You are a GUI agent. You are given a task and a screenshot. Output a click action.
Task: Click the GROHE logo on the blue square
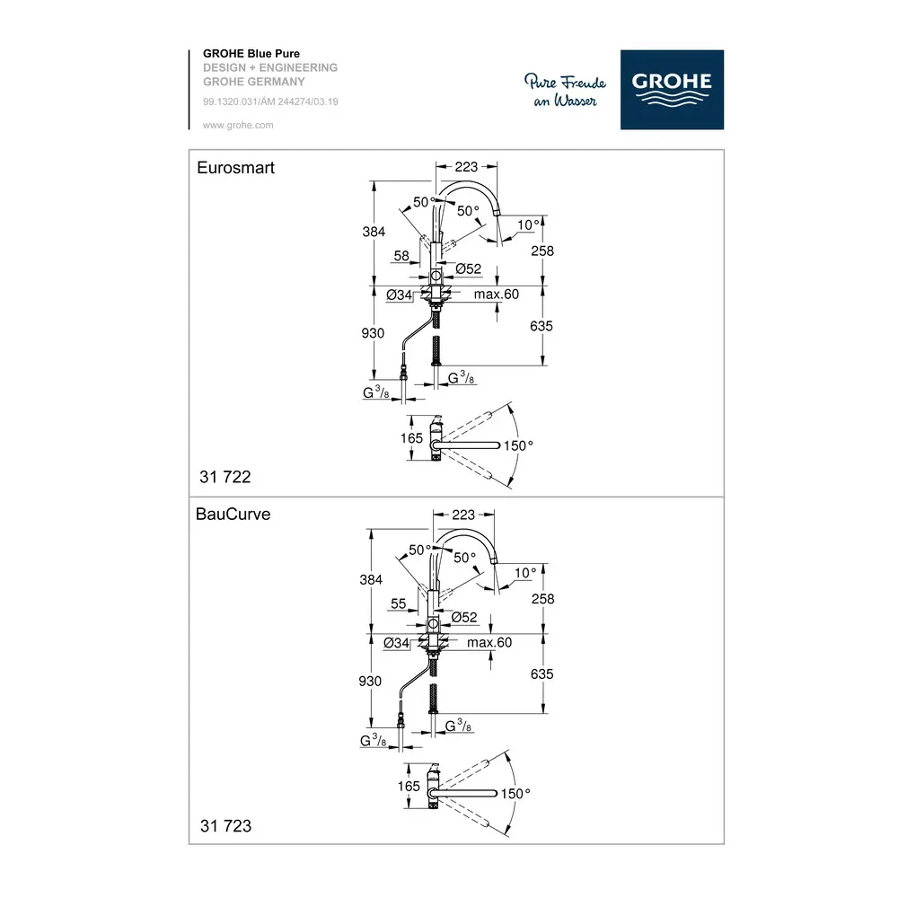[x=672, y=89]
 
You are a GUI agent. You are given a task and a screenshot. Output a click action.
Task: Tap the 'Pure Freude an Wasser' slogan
[x=565, y=91]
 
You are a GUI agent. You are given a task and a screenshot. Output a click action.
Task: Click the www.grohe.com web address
[x=238, y=125]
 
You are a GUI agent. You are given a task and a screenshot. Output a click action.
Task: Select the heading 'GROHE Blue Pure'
[x=251, y=53]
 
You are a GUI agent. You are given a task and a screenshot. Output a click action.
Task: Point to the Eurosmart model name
[x=235, y=167]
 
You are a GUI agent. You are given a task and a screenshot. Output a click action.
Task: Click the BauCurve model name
[x=233, y=514]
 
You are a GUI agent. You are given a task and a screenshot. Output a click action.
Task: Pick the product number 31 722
[x=225, y=477]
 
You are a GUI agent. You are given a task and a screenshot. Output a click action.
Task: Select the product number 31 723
[x=225, y=826]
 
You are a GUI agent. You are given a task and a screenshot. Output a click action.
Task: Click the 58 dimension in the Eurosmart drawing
[x=401, y=255]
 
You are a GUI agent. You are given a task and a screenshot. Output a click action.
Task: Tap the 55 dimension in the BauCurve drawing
[x=399, y=603]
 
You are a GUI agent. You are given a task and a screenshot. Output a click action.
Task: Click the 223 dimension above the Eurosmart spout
[x=466, y=167]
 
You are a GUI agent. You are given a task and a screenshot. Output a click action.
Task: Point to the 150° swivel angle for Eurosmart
[x=518, y=445]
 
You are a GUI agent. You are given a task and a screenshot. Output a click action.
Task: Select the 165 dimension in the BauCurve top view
[x=409, y=787]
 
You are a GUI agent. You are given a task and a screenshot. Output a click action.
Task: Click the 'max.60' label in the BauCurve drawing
[x=489, y=643]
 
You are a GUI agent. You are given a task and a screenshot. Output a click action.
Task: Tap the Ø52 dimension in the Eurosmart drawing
[x=469, y=269]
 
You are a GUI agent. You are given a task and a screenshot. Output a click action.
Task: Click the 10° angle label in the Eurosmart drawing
[x=529, y=225]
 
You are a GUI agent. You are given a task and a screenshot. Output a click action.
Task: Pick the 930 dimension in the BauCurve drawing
[x=370, y=681]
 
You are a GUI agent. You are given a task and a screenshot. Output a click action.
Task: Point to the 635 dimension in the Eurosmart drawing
[x=541, y=326]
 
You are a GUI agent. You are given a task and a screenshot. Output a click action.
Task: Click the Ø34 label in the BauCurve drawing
[x=396, y=643]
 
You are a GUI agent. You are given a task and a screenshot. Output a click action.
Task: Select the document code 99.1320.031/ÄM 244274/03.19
[x=270, y=101]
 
